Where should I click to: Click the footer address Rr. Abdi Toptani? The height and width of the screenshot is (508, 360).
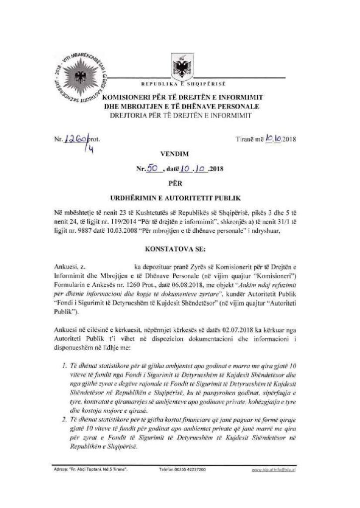pos(90,469)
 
